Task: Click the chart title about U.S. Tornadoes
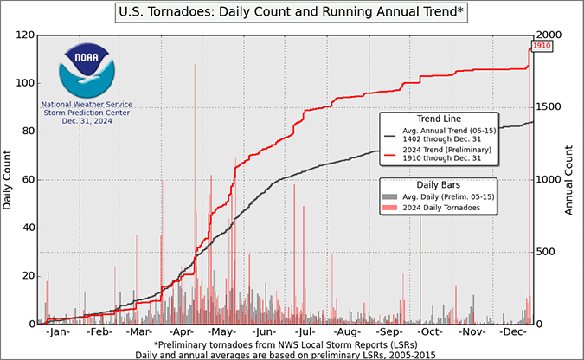click(x=291, y=12)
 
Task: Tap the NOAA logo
click(x=87, y=70)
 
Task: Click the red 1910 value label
click(x=542, y=46)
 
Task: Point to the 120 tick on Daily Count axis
click(x=25, y=35)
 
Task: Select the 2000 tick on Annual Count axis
click(x=549, y=35)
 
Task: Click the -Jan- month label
click(x=58, y=331)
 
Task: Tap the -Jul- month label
click(x=305, y=331)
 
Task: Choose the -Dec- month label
click(x=513, y=331)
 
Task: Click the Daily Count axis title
click(x=7, y=180)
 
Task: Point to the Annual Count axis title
click(x=568, y=180)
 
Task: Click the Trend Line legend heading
click(x=439, y=119)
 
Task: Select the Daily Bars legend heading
click(x=439, y=185)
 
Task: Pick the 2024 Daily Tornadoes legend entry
click(x=432, y=208)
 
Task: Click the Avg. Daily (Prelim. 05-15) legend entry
click(x=439, y=196)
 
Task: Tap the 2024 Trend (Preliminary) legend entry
click(x=438, y=153)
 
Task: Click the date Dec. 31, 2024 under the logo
click(x=87, y=121)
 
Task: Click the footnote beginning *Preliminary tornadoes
click(x=286, y=344)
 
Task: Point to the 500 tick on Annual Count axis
click(x=546, y=252)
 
